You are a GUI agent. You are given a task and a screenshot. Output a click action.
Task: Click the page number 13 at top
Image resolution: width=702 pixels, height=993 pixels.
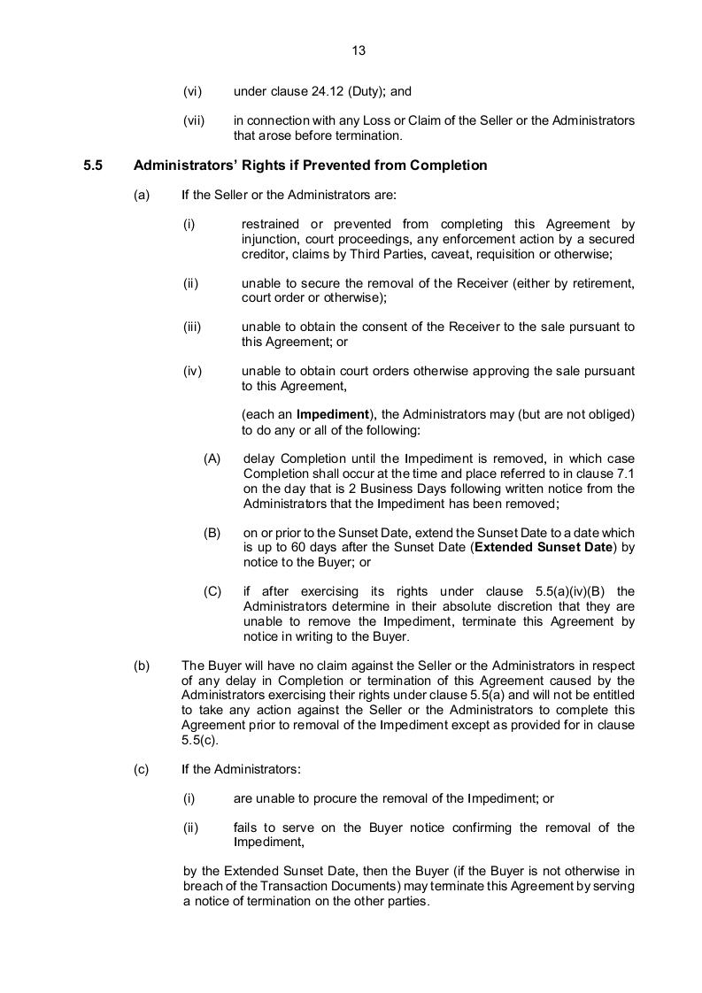point(359,50)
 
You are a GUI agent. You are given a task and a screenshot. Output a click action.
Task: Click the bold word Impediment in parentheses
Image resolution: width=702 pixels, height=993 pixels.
point(332,413)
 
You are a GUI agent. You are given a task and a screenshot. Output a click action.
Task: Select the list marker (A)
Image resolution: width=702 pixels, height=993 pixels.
point(212,458)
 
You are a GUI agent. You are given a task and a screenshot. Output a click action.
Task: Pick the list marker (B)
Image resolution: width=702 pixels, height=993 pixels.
point(212,533)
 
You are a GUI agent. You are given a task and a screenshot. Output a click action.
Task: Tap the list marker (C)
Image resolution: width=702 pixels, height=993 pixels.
point(212,591)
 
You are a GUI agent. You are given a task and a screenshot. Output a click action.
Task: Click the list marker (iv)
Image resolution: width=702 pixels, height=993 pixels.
point(193,372)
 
